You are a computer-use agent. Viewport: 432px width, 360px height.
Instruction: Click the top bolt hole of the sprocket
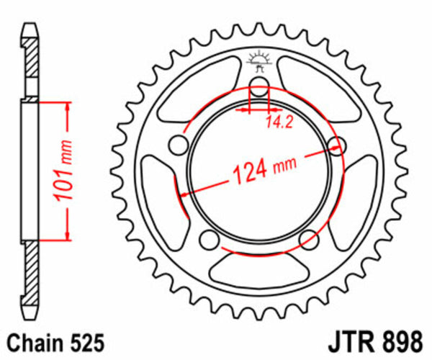point(258,93)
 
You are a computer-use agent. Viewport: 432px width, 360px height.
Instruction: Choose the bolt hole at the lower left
point(210,239)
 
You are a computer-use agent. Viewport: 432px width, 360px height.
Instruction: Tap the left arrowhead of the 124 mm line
point(184,193)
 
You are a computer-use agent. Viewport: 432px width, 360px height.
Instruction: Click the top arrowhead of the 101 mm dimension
point(68,107)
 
